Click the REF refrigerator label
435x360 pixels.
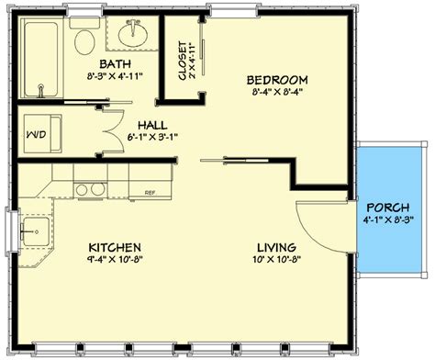149,193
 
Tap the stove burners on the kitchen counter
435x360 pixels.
90,190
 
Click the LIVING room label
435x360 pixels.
275,248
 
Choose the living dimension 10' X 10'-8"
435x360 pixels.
275,261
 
